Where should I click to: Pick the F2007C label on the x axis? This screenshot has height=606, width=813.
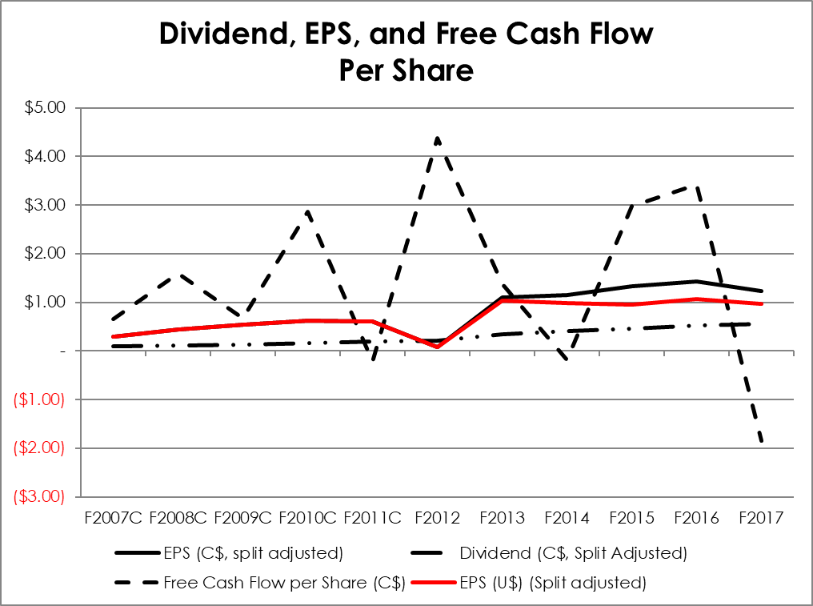[x=112, y=518]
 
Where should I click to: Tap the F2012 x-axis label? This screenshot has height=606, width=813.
[x=438, y=518]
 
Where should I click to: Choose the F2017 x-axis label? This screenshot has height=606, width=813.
[x=762, y=518]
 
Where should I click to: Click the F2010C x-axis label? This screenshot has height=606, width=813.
[x=307, y=518]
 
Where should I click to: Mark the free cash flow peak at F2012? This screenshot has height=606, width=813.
[x=438, y=138]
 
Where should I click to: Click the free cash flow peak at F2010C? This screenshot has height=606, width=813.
[x=307, y=211]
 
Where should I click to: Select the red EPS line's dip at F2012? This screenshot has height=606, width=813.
[x=438, y=346]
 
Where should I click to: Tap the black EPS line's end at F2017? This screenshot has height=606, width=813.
[x=762, y=291]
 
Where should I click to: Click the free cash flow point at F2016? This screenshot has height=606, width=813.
[x=697, y=186]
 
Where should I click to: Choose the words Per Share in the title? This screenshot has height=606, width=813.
[x=406, y=70]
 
